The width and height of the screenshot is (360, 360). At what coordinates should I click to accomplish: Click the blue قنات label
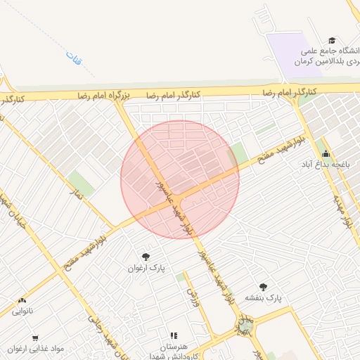click(x=72, y=59)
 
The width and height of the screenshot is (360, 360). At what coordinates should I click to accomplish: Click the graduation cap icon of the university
click(x=332, y=41)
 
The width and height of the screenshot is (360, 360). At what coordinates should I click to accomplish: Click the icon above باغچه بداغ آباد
click(x=325, y=153)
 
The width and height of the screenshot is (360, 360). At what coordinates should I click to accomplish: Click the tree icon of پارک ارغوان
click(x=146, y=257)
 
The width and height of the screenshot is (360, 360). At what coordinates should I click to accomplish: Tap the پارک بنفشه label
click(x=263, y=297)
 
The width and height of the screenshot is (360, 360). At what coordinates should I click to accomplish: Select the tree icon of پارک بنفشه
click(x=263, y=286)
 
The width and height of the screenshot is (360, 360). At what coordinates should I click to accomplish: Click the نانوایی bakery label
click(x=22, y=310)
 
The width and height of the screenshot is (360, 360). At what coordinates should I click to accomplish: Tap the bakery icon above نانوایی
click(x=22, y=300)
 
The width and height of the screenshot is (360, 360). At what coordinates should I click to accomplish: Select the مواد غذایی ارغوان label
click(x=36, y=348)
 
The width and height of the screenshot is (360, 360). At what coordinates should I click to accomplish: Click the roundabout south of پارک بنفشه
click(x=245, y=326)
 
